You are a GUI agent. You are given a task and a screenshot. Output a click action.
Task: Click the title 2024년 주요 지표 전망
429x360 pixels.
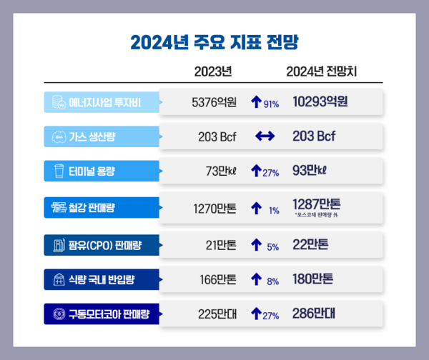click(214, 40)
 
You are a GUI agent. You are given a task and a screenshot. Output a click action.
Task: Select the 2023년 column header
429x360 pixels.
click(214, 72)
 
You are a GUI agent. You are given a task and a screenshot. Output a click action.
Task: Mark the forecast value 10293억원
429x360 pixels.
click(320, 102)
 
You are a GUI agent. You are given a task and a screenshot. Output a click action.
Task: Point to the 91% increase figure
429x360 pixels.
click(271, 104)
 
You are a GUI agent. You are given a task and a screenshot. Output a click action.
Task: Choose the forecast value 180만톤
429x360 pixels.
click(312, 278)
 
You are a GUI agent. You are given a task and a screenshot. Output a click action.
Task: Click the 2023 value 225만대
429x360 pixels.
click(217, 313)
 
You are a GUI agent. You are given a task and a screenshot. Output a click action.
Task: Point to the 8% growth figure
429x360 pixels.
click(272, 280)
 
